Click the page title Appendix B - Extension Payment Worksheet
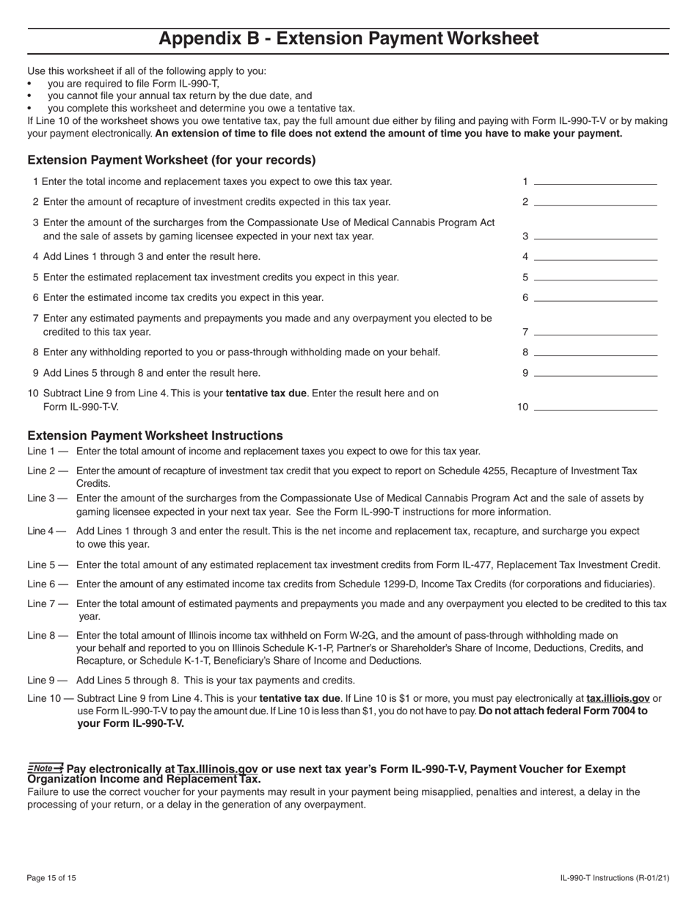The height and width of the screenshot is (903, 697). coord(348,39)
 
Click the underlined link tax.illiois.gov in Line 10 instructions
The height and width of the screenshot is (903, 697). coord(618,698)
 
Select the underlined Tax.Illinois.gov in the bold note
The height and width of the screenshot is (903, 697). coord(217,769)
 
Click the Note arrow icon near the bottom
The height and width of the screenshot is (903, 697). coord(45,768)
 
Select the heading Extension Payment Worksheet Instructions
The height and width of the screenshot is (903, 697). coord(155,435)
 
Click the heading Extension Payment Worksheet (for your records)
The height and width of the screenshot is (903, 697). coord(172,160)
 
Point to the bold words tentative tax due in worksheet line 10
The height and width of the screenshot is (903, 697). coord(266,393)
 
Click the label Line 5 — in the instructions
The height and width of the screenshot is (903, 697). coord(48,565)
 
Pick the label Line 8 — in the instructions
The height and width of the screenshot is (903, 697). coord(48,635)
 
